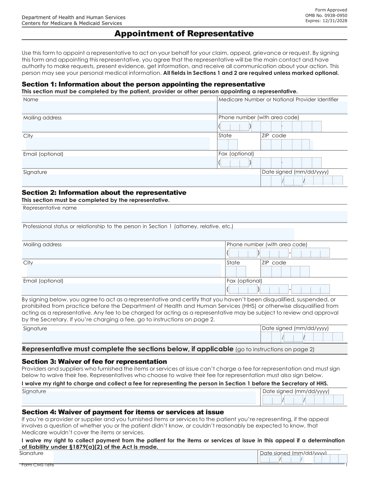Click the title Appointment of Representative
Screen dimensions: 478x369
[184, 34]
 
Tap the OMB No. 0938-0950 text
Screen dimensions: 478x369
[326, 15]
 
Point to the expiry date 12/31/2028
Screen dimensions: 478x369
[335, 21]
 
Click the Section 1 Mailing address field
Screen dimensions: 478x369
[119, 126]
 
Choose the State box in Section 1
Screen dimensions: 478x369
[228, 145]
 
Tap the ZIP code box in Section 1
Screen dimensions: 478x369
[286, 145]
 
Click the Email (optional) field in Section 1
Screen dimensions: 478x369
[119, 162]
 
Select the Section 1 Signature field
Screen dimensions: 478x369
[141, 180]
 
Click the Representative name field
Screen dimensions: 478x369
[184, 216]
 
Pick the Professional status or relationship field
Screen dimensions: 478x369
[158, 234]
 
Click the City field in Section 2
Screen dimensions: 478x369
[124, 270]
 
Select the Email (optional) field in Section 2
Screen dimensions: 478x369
[123, 289]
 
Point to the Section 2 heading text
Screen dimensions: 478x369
[104, 193]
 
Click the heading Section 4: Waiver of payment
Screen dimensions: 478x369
[123, 412]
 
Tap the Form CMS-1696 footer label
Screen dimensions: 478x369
[38, 465]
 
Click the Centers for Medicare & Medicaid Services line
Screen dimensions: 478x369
[72, 23]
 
